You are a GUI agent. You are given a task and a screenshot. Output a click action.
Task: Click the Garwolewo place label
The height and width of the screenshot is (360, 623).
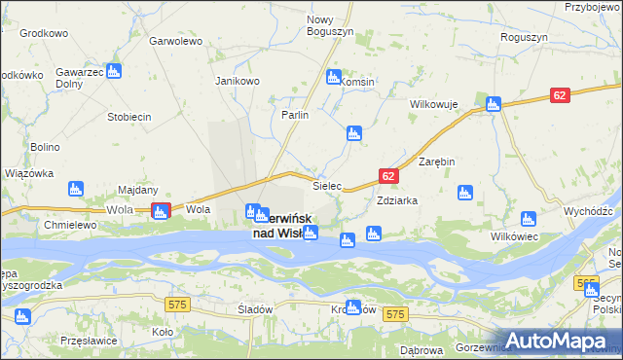click(x=175, y=42)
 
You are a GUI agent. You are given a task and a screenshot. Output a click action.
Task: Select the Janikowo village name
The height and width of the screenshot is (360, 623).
click(x=238, y=81)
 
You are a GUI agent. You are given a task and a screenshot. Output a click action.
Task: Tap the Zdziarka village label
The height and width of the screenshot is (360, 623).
click(x=397, y=200)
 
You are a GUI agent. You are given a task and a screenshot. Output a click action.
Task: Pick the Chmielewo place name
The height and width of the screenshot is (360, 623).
click(x=68, y=225)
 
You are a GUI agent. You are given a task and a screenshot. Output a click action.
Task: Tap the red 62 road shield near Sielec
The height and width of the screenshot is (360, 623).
click(x=387, y=176)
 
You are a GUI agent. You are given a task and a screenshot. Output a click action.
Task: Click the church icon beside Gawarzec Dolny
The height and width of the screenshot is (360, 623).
click(x=114, y=71)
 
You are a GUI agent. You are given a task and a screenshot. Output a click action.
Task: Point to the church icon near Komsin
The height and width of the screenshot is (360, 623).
click(x=334, y=77)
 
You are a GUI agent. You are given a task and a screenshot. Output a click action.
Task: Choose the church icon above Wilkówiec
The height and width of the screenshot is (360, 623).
click(x=528, y=219)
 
